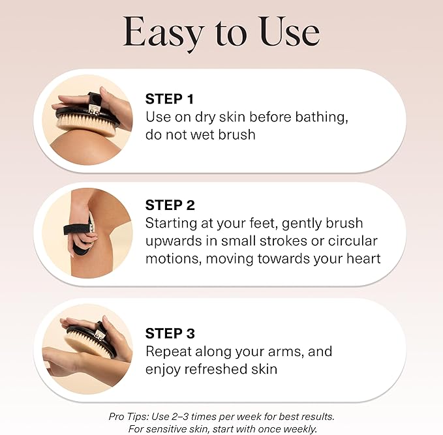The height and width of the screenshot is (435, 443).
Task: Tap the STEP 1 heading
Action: point(170,99)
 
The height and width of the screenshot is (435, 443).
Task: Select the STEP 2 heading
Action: point(170,205)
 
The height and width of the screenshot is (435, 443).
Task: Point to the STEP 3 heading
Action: point(170,333)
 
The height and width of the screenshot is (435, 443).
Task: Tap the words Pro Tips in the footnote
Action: point(130,416)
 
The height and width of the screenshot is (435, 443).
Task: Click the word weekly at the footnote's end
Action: point(300,428)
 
